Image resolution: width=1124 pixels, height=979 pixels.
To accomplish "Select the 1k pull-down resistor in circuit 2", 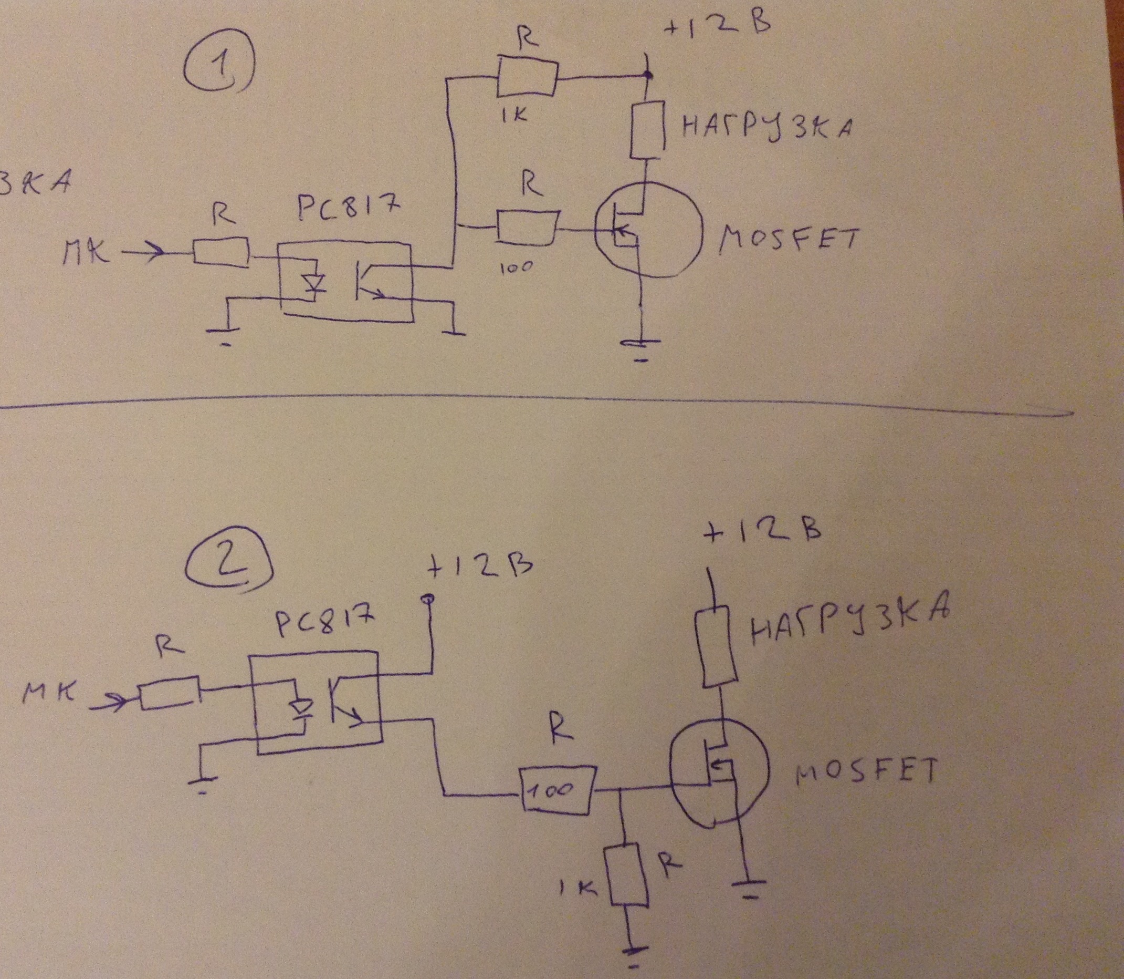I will [628, 873].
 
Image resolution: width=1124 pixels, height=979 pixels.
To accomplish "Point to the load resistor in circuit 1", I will [647, 129].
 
